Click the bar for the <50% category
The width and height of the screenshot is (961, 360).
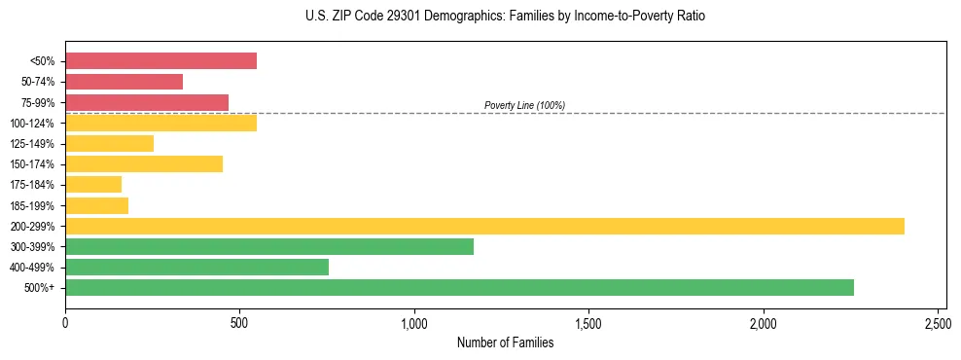[160, 61]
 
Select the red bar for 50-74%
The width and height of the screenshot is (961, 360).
[124, 82]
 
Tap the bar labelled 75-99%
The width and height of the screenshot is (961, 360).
[147, 102]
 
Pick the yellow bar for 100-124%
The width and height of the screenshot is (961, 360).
[160, 124]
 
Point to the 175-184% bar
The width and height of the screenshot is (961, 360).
[93, 185]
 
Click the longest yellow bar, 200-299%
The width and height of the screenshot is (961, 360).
[484, 227]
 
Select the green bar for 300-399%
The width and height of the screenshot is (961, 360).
[269, 247]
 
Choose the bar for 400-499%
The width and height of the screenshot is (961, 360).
[196, 268]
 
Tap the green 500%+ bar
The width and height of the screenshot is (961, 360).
[459, 288]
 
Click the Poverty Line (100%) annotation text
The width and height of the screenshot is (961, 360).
[524, 105]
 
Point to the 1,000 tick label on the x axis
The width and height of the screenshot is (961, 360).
[414, 322]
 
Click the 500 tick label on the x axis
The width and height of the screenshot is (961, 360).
[240, 322]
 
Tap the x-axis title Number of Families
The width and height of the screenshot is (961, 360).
[505, 342]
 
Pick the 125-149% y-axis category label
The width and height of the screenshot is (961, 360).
[32, 144]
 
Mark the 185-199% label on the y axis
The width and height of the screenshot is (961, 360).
[32, 206]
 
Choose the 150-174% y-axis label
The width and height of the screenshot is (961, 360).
[32, 164]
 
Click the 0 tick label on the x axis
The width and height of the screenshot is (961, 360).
[65, 322]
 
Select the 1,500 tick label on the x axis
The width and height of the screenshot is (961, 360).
[588, 322]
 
